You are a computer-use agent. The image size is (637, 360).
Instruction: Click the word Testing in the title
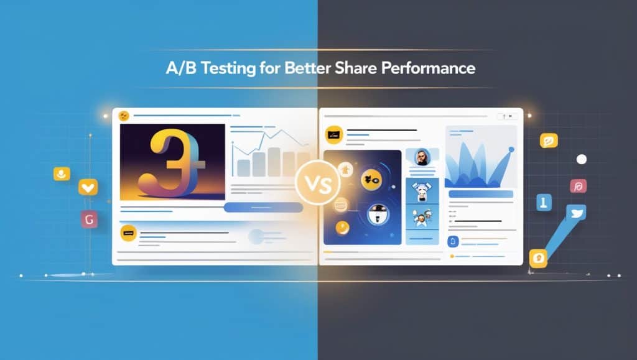(x=228, y=68)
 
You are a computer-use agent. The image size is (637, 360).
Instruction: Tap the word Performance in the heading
(x=428, y=68)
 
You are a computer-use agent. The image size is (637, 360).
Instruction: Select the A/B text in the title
(x=181, y=68)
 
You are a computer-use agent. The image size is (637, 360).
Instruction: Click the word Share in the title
(x=356, y=68)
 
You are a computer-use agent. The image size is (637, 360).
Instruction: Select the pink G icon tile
(x=90, y=219)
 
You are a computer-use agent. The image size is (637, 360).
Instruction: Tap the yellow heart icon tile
(x=88, y=188)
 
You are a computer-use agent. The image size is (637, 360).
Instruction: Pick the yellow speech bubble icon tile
(x=549, y=141)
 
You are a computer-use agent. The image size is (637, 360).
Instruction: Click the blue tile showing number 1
(x=544, y=202)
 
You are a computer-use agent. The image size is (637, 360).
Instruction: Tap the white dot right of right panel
(x=582, y=160)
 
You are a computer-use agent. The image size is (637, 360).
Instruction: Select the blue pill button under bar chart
(x=263, y=208)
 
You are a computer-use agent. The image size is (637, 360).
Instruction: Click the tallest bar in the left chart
(x=274, y=162)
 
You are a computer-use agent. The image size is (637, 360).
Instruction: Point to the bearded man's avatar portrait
(x=422, y=157)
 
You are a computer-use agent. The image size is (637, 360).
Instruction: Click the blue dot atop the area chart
(x=511, y=150)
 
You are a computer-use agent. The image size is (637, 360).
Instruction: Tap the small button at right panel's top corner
(x=507, y=116)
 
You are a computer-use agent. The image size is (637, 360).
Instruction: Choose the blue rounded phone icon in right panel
(x=453, y=242)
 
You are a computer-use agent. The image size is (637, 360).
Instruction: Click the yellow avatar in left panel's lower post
(x=128, y=233)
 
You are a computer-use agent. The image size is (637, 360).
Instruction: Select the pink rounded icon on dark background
(x=578, y=187)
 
